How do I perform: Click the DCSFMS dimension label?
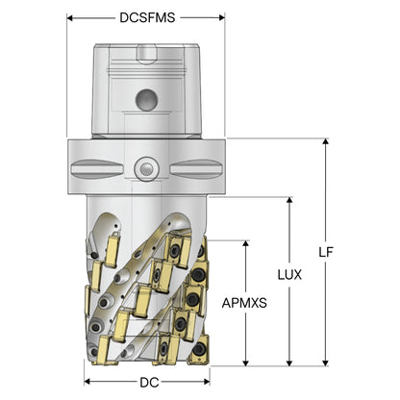click(x=147, y=17)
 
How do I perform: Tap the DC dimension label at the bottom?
click(x=149, y=382)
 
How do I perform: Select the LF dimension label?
click(x=326, y=252)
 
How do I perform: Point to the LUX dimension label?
click(x=289, y=275)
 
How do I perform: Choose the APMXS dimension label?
click(x=244, y=303)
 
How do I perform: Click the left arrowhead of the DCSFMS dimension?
click(x=70, y=17)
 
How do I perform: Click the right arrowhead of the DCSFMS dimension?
click(x=221, y=17)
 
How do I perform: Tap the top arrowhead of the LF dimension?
click(x=326, y=142)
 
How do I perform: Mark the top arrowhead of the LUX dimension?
click(x=289, y=201)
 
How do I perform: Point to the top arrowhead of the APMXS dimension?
click(x=246, y=243)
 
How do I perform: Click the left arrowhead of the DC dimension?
click(x=87, y=382)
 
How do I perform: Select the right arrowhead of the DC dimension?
click(x=207, y=382)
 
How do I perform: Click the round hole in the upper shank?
click(x=146, y=100)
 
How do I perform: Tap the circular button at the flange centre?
click(x=147, y=167)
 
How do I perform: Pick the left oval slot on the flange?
click(x=97, y=167)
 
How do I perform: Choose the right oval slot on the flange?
click(x=196, y=167)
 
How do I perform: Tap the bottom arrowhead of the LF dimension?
click(x=326, y=362)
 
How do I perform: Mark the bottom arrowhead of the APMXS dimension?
click(x=246, y=362)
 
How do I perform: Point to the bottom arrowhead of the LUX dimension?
click(x=289, y=362)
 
